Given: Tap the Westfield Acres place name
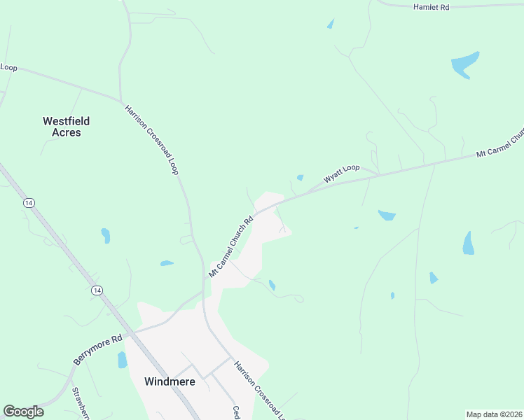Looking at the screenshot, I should [66, 127].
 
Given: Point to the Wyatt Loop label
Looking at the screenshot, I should [341, 174].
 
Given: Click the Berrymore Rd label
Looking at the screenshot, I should [97, 349].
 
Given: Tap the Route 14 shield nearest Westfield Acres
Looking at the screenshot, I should [28, 202].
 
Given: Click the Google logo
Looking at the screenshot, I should [23, 412].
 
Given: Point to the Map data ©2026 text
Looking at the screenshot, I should [494, 414].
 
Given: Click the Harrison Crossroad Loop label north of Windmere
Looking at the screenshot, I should [151, 140].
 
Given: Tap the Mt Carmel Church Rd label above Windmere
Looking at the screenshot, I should [230, 246].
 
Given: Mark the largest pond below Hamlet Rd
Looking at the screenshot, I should [464, 64].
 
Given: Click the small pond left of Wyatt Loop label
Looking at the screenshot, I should [300, 178].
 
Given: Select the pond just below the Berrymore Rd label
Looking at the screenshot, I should [123, 360].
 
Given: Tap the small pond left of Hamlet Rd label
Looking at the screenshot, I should [331, 24].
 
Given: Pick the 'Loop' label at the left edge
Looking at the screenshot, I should [8, 67].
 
